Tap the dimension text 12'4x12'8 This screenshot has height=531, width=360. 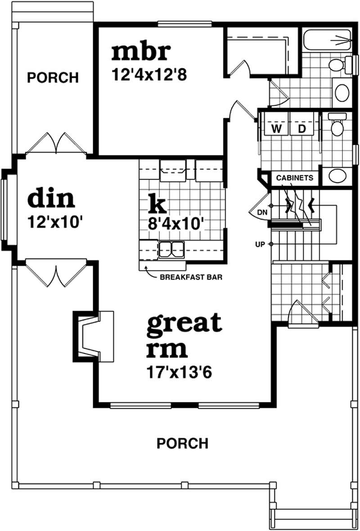coord(149,73)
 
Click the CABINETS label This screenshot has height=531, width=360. coord(294,178)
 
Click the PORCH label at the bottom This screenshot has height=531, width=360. coord(182,444)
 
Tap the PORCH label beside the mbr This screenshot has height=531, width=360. coord(53,78)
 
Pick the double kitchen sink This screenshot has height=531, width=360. coord(171,249)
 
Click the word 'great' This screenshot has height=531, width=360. coord(184,324)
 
